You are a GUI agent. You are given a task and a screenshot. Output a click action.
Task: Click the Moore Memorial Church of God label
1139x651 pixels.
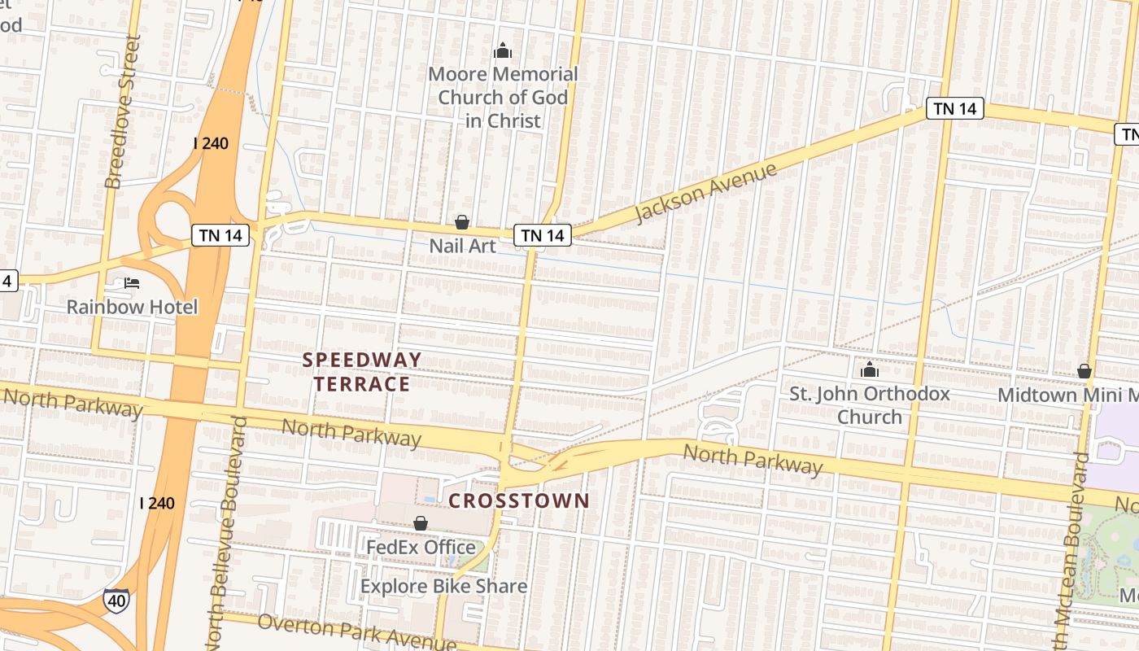[503, 97]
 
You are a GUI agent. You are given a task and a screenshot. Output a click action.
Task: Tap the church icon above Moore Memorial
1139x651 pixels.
[503, 51]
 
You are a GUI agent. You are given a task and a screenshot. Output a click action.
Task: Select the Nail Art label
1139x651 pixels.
[462, 245]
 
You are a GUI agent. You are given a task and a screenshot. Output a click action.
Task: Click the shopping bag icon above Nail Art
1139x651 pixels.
[462, 222]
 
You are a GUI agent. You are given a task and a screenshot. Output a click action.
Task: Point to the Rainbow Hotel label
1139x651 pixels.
[132, 307]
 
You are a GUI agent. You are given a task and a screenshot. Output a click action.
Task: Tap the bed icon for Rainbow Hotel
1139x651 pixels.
[132, 283]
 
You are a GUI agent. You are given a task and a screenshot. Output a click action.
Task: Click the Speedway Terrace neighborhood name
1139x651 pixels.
[362, 372]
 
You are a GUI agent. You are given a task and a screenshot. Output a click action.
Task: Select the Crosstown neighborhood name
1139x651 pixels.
[518, 500]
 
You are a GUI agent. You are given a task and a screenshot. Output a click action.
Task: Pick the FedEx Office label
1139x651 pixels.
[421, 547]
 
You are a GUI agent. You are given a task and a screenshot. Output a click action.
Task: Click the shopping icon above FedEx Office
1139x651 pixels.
[421, 523]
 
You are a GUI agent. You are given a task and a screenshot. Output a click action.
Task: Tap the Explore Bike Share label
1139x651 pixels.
[443, 586]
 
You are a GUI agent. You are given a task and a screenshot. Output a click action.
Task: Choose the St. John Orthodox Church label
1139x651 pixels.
[870, 405]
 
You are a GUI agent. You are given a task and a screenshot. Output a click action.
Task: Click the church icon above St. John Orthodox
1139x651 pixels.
[870, 370]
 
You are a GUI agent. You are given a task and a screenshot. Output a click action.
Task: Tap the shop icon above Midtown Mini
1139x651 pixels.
[1084, 372]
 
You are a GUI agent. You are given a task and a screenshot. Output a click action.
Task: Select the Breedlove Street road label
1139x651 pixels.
[123, 111]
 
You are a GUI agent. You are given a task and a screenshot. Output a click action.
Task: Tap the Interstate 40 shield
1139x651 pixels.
[116, 601]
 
